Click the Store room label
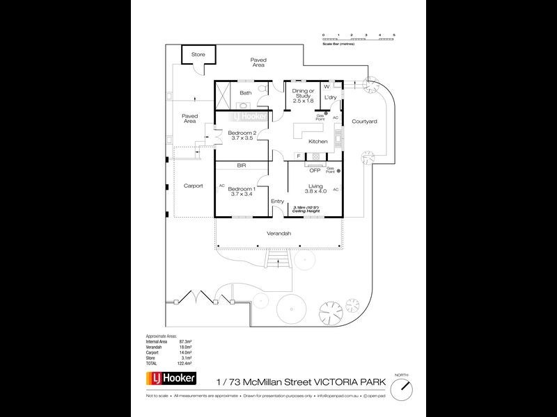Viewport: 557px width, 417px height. (198, 54)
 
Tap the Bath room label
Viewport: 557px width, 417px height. (245, 92)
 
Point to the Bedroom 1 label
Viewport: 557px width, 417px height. (244, 189)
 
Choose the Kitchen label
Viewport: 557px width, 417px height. (317, 141)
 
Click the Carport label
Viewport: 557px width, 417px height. (193, 186)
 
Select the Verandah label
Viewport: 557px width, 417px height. (278, 234)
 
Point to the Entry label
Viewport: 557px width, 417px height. (278, 202)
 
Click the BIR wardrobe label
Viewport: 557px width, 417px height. (242, 166)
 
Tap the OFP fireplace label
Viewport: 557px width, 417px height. (315, 170)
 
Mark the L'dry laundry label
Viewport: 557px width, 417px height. (331, 97)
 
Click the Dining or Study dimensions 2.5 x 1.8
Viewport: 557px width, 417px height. (304, 101)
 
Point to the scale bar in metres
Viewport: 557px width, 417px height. (359, 39)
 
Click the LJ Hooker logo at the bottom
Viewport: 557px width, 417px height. (171, 379)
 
